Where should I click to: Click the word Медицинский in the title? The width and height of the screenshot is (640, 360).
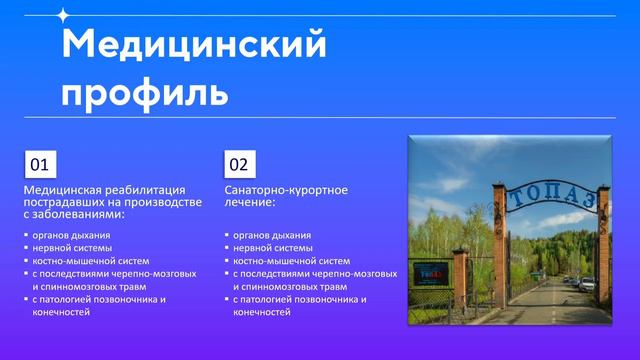coord(194,45)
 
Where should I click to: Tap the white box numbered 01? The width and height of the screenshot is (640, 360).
coord(39,163)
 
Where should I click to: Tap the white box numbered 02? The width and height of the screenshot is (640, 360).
coord(239,163)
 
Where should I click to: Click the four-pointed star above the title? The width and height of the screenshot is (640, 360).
coord(63,15)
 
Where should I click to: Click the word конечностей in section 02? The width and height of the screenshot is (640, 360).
coord(262,311)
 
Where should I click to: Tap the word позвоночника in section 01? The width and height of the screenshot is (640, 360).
coord(129,298)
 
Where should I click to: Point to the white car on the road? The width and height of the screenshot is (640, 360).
coord(587,284)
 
